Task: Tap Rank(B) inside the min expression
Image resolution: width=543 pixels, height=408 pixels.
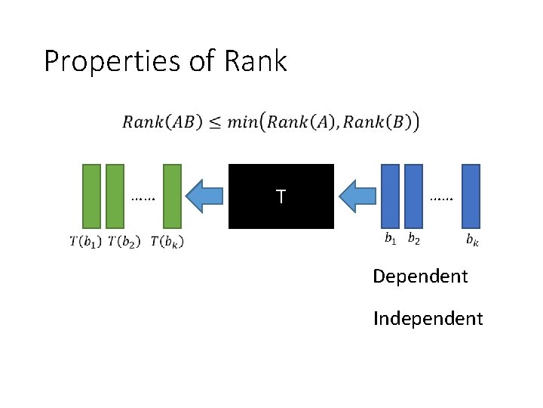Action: (x=379, y=122)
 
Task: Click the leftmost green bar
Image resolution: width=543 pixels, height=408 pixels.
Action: (x=91, y=196)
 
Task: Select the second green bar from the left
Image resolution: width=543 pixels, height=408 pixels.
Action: (x=115, y=196)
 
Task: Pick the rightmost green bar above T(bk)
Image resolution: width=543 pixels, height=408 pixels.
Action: (x=173, y=196)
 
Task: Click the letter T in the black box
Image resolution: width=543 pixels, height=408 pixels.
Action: (x=281, y=197)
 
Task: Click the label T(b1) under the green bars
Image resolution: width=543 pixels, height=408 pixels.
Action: (x=85, y=242)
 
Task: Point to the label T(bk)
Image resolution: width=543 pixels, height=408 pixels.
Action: (x=167, y=242)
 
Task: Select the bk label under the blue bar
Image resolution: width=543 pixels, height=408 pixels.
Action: (x=471, y=241)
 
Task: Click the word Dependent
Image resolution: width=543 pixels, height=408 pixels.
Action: (x=420, y=277)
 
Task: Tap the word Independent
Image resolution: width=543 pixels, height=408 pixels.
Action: (x=428, y=319)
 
